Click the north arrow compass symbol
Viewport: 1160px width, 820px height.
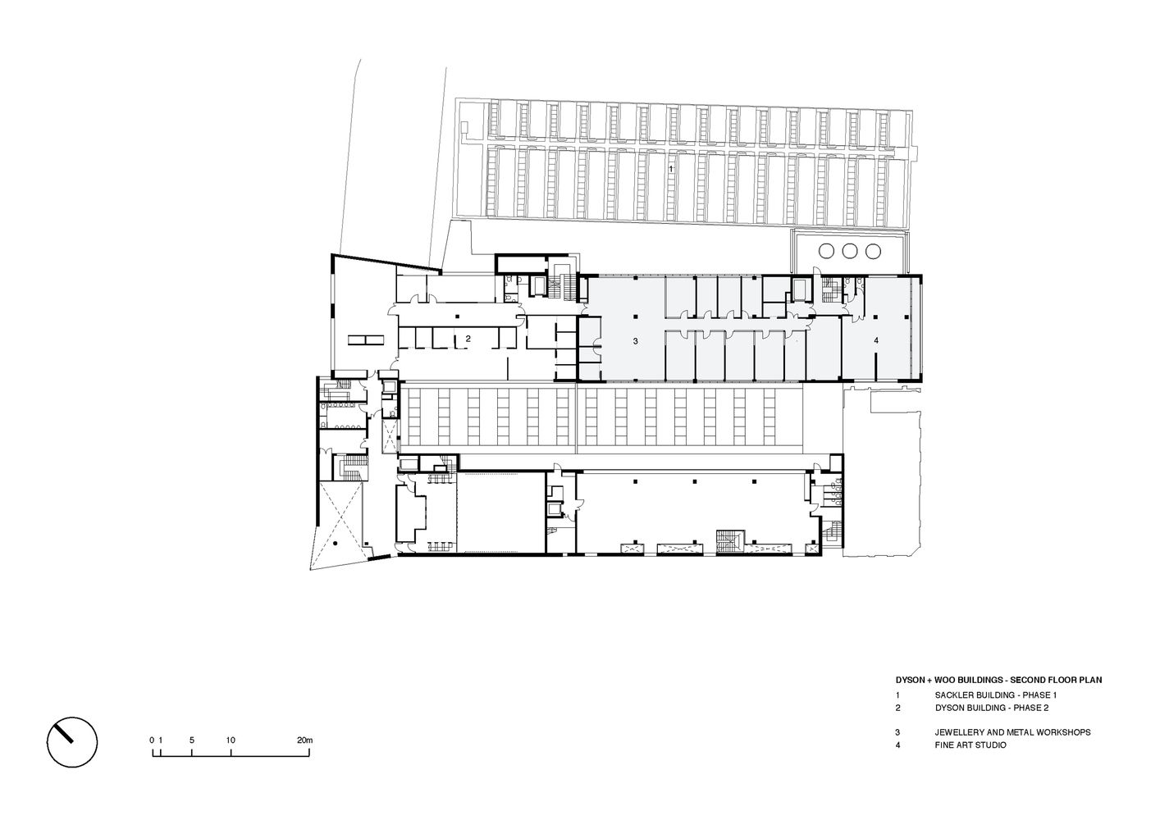click(x=72, y=742)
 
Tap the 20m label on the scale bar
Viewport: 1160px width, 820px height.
click(x=305, y=740)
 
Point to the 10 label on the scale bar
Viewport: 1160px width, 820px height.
click(x=231, y=740)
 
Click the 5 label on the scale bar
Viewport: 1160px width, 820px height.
click(x=192, y=740)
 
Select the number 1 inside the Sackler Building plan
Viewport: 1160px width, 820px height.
click(x=671, y=169)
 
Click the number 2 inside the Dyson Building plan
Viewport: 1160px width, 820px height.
click(x=468, y=339)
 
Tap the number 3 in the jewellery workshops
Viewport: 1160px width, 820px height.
click(x=636, y=341)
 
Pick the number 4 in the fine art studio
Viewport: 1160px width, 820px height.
click(x=876, y=340)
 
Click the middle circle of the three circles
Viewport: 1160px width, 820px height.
click(x=850, y=252)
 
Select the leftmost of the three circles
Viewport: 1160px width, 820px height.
click(x=827, y=252)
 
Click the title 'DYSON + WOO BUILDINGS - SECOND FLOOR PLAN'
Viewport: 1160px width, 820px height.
click(x=999, y=680)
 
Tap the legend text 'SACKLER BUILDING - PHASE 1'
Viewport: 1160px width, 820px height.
click(x=996, y=695)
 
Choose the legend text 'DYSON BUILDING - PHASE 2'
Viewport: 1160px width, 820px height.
click(x=992, y=707)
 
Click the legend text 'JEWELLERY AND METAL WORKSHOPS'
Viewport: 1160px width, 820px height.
click(x=1013, y=732)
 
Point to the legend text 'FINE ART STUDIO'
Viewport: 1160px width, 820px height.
click(x=970, y=745)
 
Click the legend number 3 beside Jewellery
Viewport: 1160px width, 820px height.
click(x=898, y=732)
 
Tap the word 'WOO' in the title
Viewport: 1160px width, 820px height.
click(x=946, y=680)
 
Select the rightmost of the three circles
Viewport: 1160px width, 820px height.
click(x=873, y=252)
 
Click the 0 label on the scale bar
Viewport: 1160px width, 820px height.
click(x=152, y=740)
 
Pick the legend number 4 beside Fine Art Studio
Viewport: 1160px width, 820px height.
click(x=898, y=745)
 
